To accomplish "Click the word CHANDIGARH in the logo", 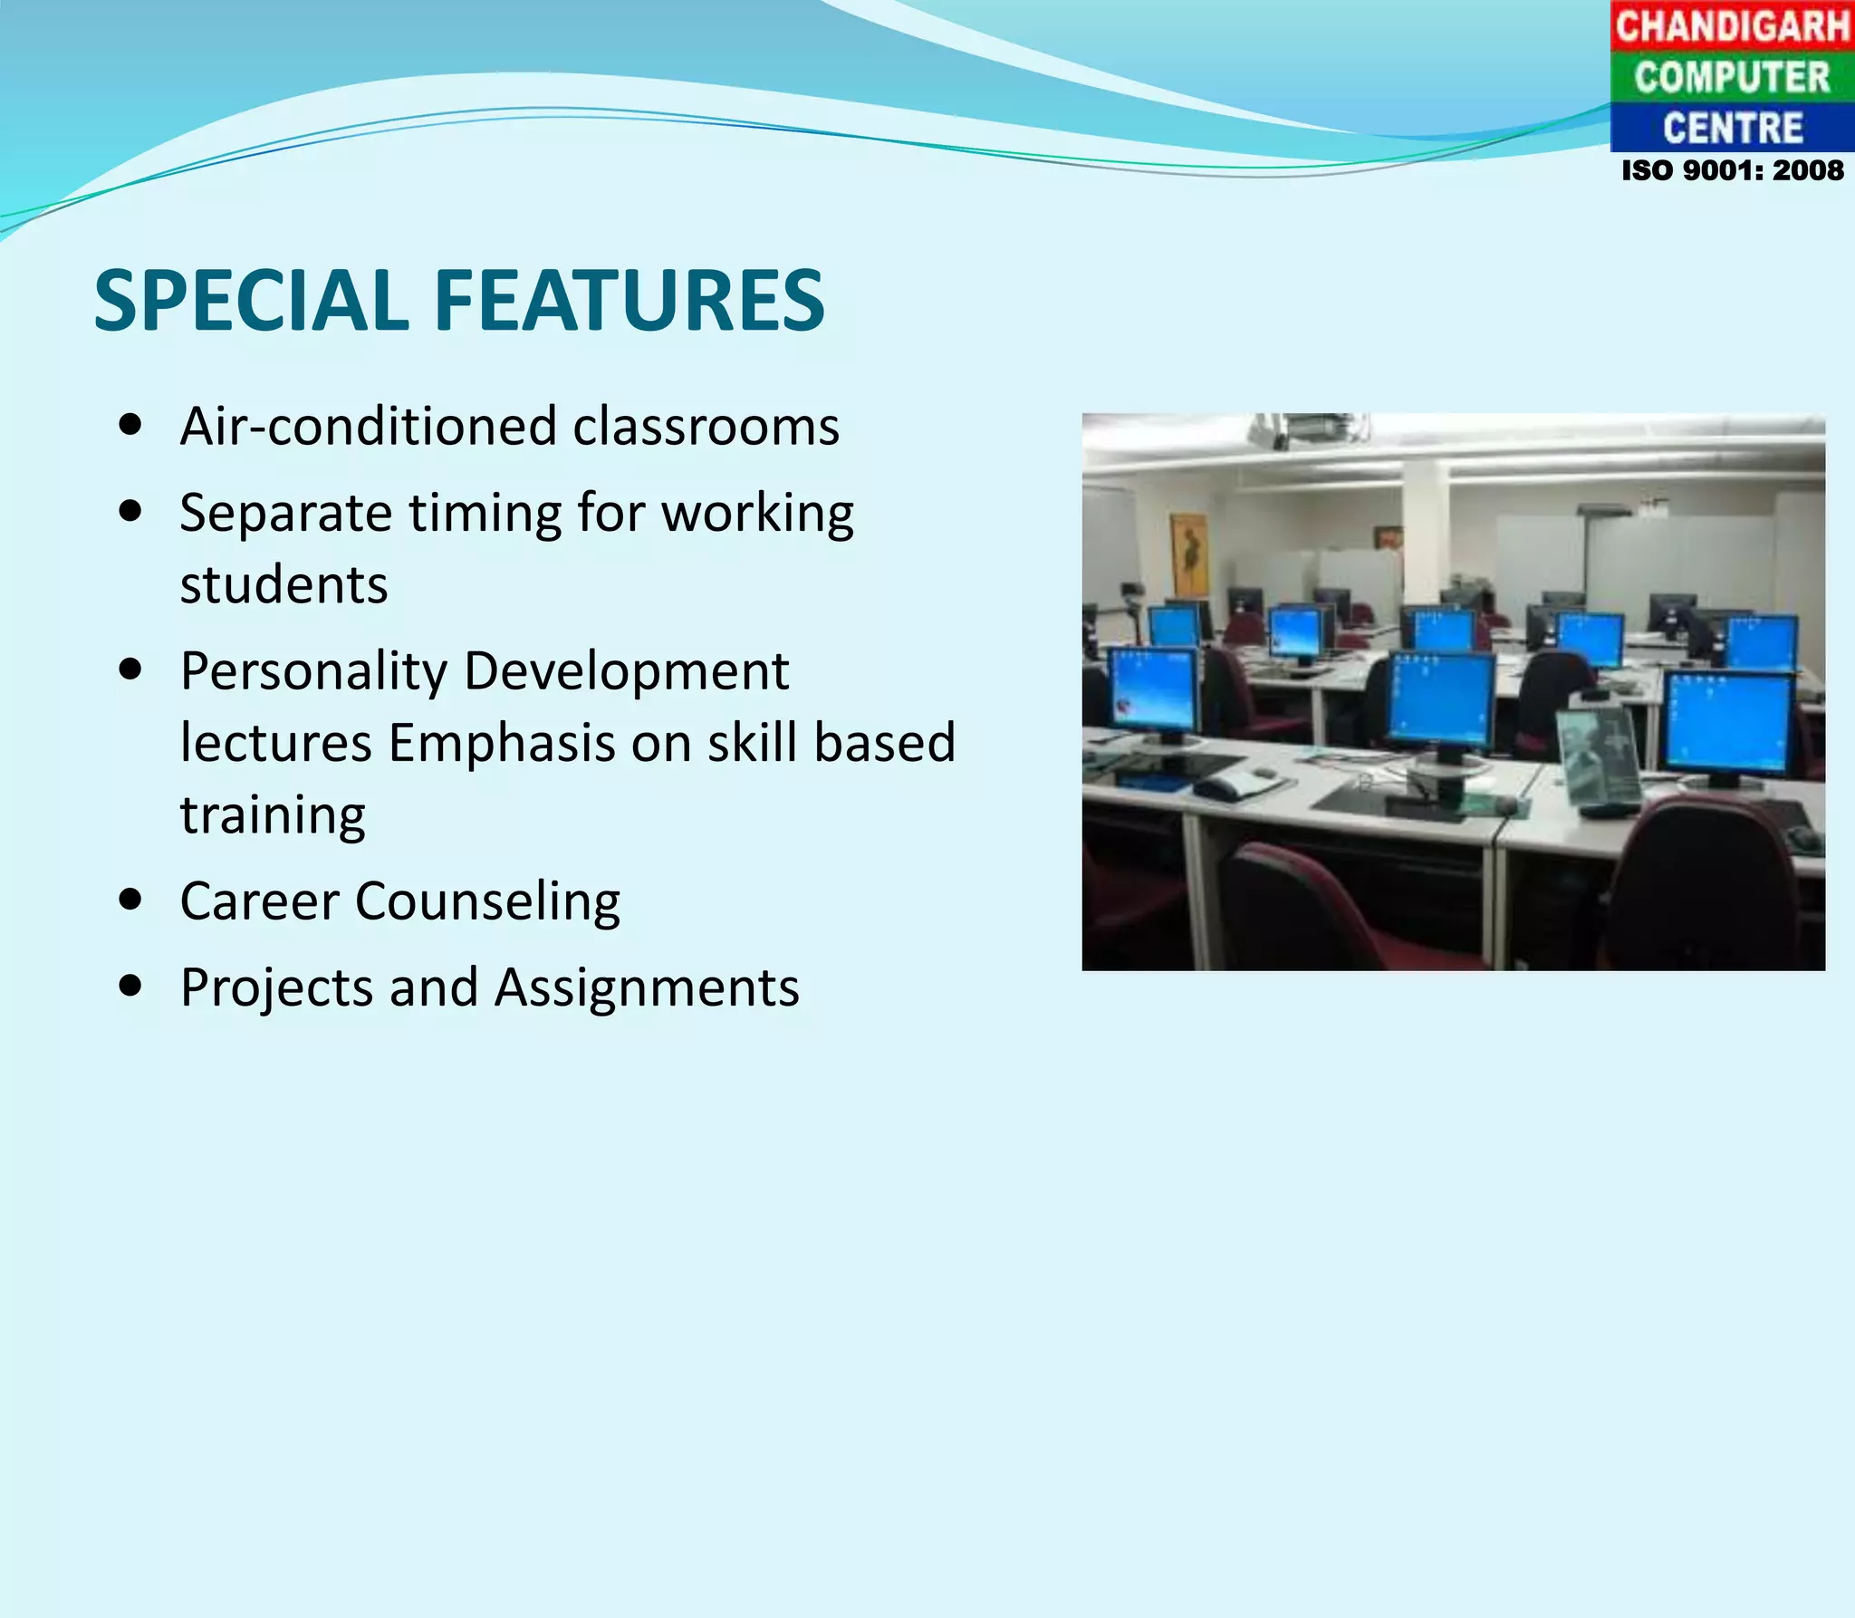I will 1732,25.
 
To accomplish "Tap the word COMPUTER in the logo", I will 1732,77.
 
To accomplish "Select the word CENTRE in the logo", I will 1732,128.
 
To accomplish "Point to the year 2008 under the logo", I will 1808,170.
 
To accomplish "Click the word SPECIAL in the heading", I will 252,301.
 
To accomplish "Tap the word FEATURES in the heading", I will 630,301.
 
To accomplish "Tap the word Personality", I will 313,672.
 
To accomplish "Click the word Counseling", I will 487,901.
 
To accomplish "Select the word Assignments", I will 647,987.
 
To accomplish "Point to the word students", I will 284,585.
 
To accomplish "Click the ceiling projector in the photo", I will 1304,429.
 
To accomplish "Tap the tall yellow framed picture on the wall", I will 1187,553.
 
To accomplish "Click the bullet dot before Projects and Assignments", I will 130,986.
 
